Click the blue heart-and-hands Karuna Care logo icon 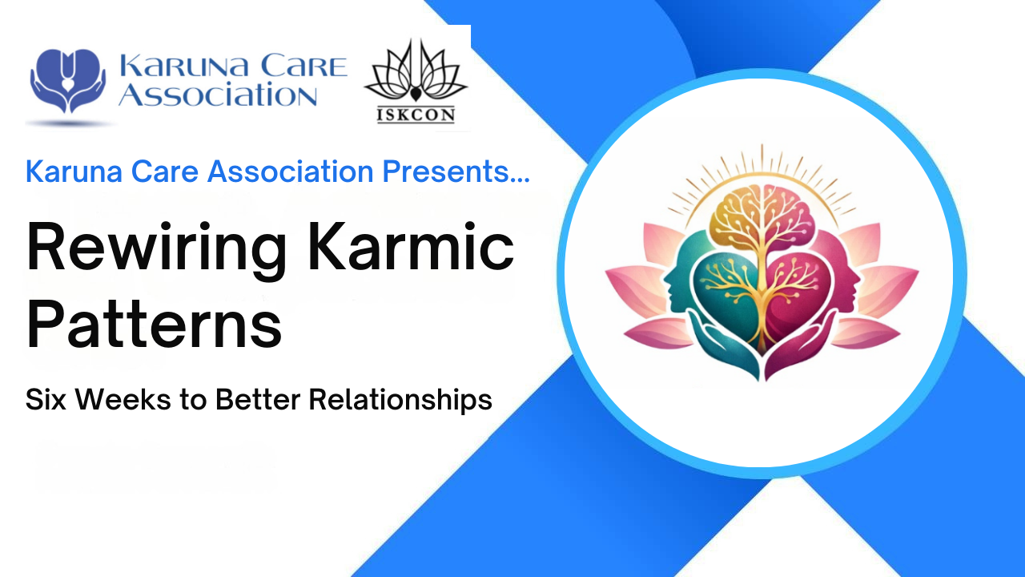coord(68,81)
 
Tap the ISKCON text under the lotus coord(416,115)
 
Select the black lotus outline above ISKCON coord(416,71)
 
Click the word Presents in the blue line coord(456,171)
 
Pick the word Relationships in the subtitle coord(400,400)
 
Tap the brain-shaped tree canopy coord(762,216)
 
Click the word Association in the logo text coord(218,95)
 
